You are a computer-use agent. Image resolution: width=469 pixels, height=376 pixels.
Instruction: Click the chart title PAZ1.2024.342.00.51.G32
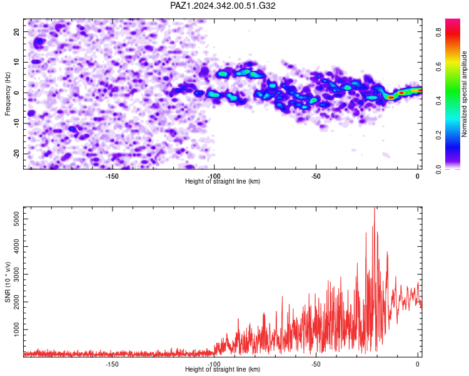point(223,6)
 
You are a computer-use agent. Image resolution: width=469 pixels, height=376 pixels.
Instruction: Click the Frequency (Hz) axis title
point(8,94)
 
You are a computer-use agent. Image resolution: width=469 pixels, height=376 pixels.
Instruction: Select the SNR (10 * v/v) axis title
point(8,282)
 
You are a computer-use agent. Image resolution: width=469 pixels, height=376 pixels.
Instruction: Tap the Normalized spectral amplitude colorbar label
point(464,94)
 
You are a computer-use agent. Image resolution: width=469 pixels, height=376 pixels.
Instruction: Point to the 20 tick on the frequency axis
point(16,31)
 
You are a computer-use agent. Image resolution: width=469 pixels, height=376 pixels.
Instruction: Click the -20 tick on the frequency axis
point(16,154)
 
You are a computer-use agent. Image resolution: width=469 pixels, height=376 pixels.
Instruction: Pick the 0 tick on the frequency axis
point(16,93)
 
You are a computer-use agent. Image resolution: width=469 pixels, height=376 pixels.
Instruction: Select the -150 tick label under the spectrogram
point(112,176)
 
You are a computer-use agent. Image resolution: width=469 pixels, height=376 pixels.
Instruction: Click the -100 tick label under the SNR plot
point(214,365)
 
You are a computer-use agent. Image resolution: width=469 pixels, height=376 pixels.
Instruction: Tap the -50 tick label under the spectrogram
point(316,176)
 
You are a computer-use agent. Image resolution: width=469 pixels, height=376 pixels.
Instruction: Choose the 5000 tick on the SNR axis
point(16,219)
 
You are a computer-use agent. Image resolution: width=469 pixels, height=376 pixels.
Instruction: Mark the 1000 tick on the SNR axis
point(16,330)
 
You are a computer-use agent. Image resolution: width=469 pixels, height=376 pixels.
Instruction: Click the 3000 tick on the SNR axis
point(16,274)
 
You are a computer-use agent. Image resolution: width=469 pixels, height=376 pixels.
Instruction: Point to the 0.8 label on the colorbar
point(438,32)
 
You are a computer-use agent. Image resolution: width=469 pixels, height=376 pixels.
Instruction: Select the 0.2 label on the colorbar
point(438,135)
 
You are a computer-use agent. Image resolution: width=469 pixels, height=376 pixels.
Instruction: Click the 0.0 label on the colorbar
point(438,170)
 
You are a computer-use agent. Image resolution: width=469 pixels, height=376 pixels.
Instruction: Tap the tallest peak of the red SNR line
point(375,207)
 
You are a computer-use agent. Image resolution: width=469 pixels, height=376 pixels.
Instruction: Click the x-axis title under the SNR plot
point(223,369)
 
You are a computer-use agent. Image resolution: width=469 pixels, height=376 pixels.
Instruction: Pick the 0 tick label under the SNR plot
point(418,365)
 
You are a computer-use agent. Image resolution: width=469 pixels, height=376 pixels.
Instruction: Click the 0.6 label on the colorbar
point(438,66)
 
